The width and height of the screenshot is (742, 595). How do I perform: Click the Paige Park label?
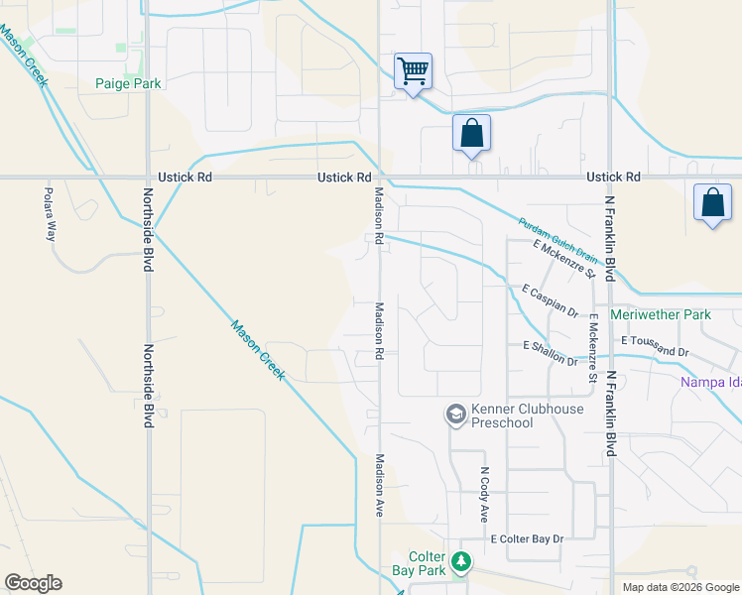[x=128, y=84]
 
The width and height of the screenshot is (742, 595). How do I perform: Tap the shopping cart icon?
[x=413, y=71]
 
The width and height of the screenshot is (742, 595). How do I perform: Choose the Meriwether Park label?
[x=675, y=315]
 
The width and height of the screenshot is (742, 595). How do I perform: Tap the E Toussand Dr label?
[x=655, y=345]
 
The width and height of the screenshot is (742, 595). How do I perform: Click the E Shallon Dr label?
[x=550, y=353]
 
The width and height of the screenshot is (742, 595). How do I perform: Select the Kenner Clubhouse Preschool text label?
[x=516, y=416]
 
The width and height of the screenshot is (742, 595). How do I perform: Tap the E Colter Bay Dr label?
[x=527, y=538]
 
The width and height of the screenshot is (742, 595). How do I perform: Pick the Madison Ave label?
[x=379, y=485]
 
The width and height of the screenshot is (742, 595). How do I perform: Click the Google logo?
[x=33, y=583]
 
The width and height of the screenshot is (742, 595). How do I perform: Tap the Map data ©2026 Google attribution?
[x=680, y=587]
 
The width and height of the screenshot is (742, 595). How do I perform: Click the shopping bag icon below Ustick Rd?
[x=712, y=203]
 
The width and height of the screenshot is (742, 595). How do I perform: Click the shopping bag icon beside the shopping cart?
[x=471, y=133]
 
